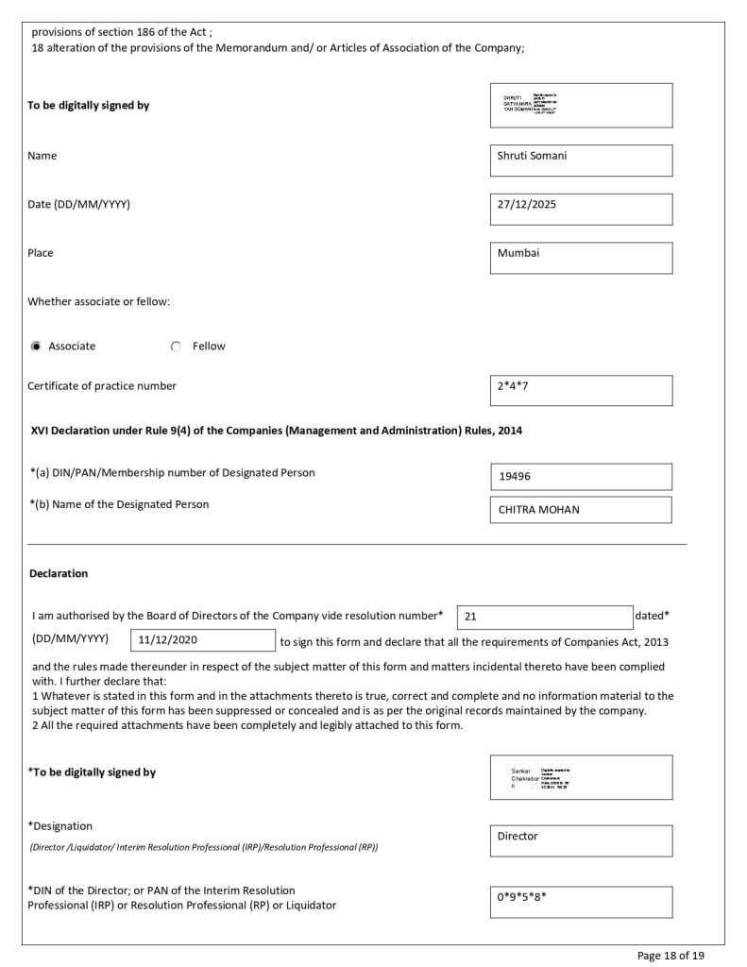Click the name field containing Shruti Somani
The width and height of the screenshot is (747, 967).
click(x=581, y=160)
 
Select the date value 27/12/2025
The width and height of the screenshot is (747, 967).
click(x=581, y=209)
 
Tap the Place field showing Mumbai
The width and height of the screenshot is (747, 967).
click(x=581, y=258)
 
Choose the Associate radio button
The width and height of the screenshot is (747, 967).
click(x=36, y=347)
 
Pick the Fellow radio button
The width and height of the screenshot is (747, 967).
click(x=176, y=347)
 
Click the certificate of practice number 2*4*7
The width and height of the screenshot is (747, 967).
click(x=581, y=390)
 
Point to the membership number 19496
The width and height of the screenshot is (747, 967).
click(x=581, y=477)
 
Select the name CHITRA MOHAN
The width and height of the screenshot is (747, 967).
click(x=581, y=510)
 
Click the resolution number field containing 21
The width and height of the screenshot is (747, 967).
click(x=545, y=617)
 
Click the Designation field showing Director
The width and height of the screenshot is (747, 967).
click(x=581, y=840)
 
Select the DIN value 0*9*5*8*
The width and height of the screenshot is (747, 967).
click(x=581, y=901)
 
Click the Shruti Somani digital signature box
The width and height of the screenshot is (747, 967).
click(x=581, y=105)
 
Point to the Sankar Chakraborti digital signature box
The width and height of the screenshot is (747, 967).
click(x=581, y=777)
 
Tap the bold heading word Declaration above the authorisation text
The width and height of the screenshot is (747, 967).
click(x=59, y=573)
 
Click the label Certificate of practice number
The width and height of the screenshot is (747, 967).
click(x=102, y=385)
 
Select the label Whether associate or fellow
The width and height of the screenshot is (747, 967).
click(x=98, y=301)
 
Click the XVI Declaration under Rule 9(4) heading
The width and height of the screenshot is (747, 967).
click(x=276, y=431)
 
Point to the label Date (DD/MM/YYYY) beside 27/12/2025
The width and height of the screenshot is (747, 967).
click(x=78, y=204)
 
